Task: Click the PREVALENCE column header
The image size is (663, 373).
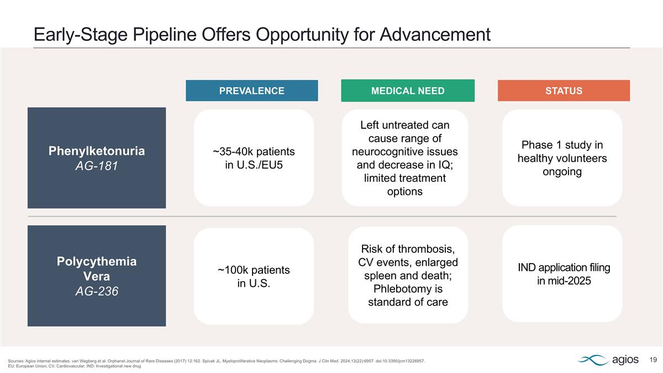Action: click(251, 91)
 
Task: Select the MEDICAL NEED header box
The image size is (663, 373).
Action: click(408, 91)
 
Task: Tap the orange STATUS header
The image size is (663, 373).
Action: click(564, 91)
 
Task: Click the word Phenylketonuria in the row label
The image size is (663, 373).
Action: click(97, 151)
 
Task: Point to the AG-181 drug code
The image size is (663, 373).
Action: click(97, 165)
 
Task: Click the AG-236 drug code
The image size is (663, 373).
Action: click(97, 291)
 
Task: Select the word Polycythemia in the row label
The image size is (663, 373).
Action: click(97, 261)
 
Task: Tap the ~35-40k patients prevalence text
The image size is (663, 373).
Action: click(254, 151)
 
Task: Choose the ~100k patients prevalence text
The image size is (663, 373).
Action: click(254, 270)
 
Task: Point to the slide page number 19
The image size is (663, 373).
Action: click(653, 360)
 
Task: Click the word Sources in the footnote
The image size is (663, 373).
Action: click(17, 361)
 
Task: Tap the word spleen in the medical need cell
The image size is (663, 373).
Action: click(379, 275)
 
